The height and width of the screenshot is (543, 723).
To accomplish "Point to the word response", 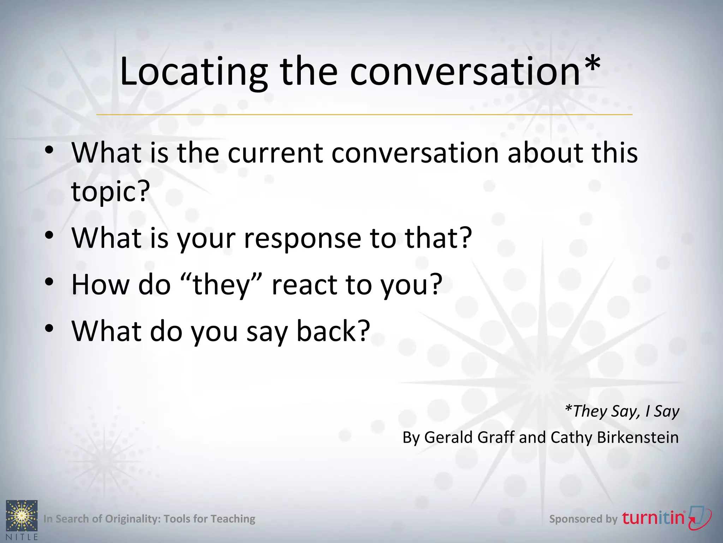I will [302, 238].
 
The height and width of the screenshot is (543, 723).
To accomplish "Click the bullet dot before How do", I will [49, 282].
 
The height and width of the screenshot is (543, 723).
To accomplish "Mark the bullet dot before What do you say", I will [49, 328].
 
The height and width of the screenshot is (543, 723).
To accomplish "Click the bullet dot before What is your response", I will [49, 235].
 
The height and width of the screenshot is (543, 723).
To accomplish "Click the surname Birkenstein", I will [638, 438].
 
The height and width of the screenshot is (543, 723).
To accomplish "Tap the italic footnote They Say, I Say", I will [622, 411].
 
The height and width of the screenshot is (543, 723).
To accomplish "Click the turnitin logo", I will [666, 518].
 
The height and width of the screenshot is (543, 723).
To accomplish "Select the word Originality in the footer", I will [133, 519].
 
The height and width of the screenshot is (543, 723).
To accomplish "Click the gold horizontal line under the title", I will [364, 115].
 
